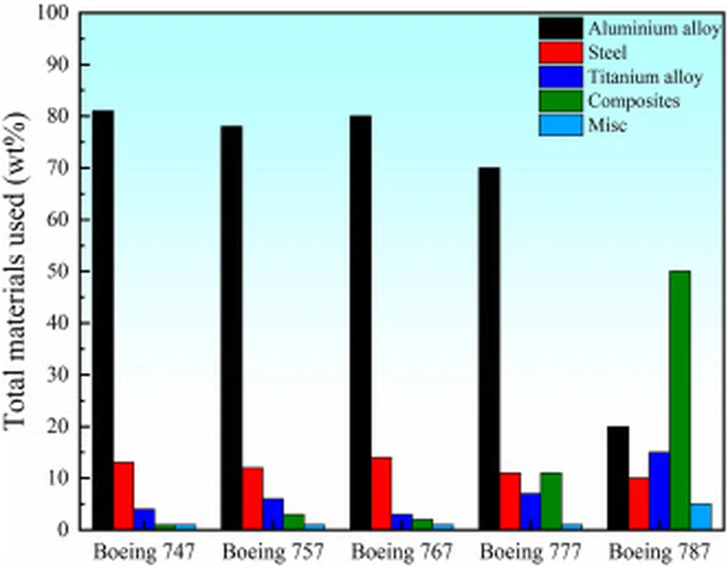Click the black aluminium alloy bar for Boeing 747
[x=103, y=320]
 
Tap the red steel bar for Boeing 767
[x=380, y=493]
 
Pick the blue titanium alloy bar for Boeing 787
[x=658, y=490]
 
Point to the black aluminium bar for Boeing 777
[x=488, y=348]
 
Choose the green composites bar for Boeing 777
[x=551, y=501]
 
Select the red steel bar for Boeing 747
[x=124, y=495]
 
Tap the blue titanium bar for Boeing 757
[x=273, y=514]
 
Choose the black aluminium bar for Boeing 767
[x=360, y=322]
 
